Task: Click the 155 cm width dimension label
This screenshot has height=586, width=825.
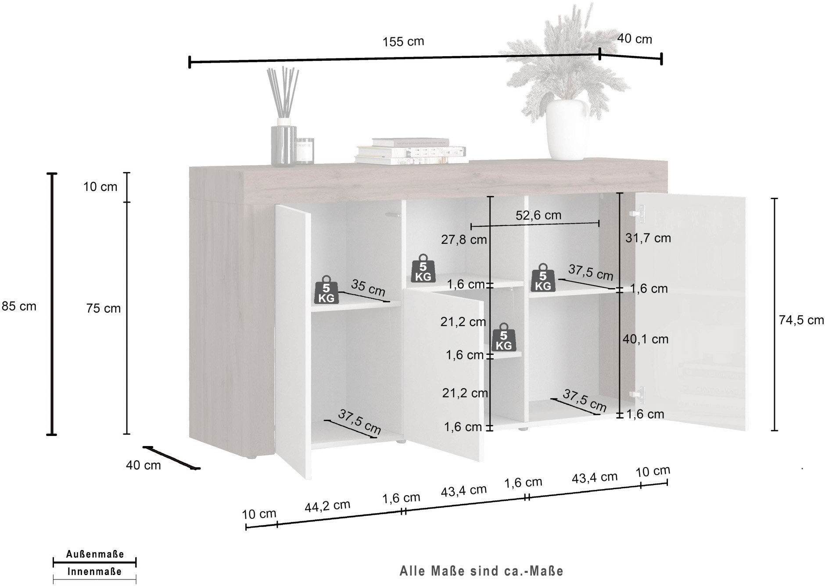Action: tap(403, 42)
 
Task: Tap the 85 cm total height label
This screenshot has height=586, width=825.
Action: tap(19, 306)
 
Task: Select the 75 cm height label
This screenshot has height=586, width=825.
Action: tap(104, 308)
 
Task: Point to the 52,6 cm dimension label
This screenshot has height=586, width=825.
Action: tap(538, 215)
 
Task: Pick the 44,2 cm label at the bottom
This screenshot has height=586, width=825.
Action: tap(327, 505)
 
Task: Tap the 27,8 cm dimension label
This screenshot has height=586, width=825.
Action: tap(464, 239)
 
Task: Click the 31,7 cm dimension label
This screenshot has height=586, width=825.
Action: tap(648, 238)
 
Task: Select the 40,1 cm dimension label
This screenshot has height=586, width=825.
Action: tap(646, 339)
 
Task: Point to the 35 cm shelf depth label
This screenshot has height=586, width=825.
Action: tap(368, 288)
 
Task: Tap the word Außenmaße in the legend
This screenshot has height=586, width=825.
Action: tap(95, 554)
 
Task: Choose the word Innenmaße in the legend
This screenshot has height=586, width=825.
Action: tap(95, 572)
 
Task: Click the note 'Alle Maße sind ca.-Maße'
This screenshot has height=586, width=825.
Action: tap(481, 571)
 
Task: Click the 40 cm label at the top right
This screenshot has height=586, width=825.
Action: tap(635, 39)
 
